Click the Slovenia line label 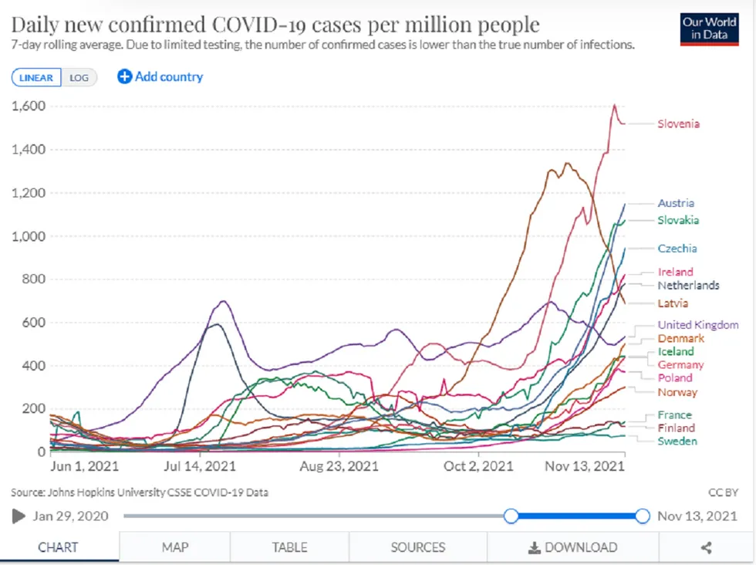678,123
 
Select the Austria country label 675,203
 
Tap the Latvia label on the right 673,303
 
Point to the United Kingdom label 697,325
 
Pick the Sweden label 677,441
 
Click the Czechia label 677,248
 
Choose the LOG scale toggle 79,77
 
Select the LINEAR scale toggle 36,77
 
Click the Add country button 160,76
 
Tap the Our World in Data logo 709,29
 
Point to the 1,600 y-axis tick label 30,106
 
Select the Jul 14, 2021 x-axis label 200,466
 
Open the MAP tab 175,547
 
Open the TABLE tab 289,547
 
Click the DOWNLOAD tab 572,547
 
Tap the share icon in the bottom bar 705,547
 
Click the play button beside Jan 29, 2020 19,516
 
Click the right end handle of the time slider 642,516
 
